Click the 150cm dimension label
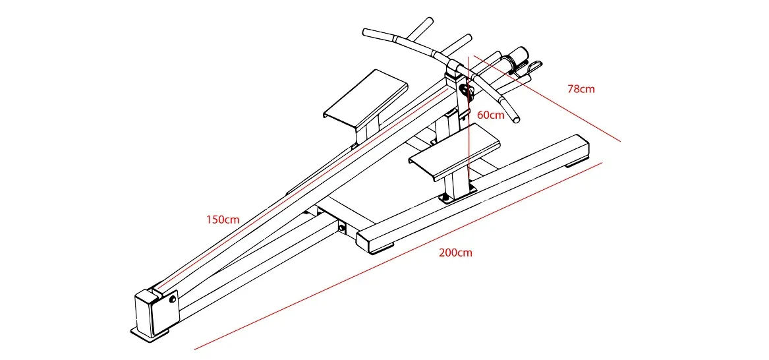tap(223, 220)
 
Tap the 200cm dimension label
tap(455, 253)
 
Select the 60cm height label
tap(490, 115)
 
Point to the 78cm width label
tap(581, 88)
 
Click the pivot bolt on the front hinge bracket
tap(173, 299)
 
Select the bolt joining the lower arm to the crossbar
tap(342, 228)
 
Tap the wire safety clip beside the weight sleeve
tap(533, 66)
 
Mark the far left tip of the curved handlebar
tap(366, 31)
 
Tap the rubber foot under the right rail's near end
tap(382, 248)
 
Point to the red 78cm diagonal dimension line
tap(547, 99)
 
